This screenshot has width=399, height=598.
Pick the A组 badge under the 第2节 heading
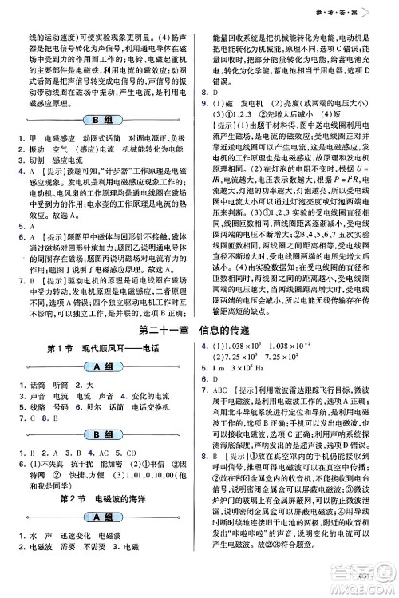click(x=101, y=517)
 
